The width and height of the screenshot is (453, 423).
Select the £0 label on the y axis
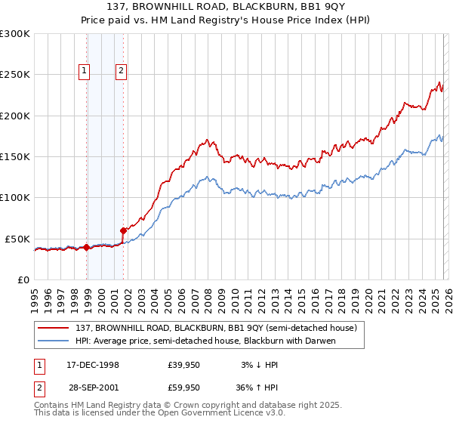[x=23, y=279]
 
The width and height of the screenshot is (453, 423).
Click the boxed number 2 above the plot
[x=121, y=72]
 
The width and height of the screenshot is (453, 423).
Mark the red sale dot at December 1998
[x=87, y=247]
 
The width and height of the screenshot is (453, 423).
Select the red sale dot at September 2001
[x=124, y=230]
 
